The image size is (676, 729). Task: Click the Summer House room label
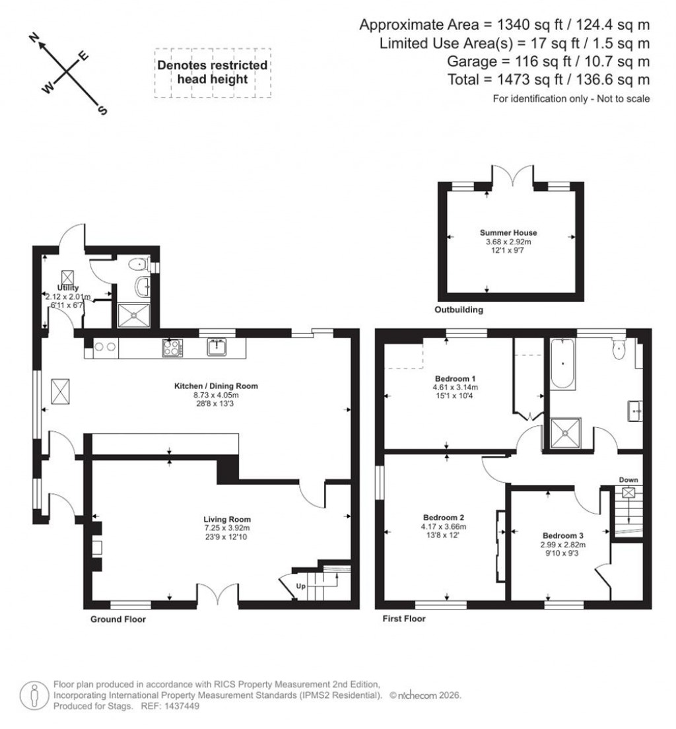[x=508, y=233]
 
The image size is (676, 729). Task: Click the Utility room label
[x=68, y=288]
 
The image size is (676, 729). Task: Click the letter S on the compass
[x=102, y=110]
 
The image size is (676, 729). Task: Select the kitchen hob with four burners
[x=172, y=347]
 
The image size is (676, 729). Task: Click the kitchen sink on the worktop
[x=217, y=347]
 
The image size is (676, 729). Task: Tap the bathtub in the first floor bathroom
[x=562, y=363]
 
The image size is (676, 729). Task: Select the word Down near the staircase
[x=628, y=479]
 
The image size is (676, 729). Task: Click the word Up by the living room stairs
[x=300, y=586]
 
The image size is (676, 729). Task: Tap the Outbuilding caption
[x=459, y=310]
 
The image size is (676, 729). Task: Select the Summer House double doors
[x=510, y=175]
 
